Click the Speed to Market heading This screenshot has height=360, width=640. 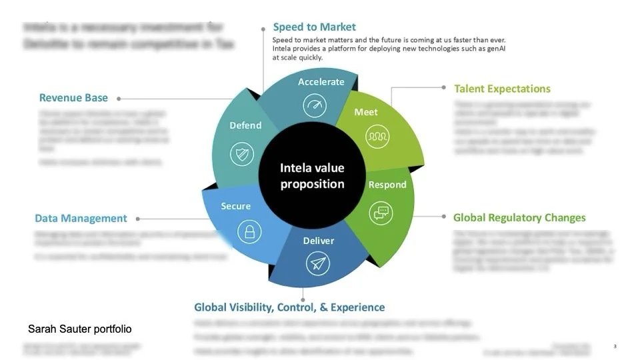point(314,27)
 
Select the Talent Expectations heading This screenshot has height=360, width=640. point(502,89)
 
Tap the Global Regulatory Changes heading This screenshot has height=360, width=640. point(519,218)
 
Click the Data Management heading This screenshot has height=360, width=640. point(81,219)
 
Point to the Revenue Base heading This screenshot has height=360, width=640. point(73,98)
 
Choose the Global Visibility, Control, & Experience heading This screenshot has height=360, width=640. point(289,307)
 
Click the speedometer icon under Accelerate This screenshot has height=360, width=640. point(315,105)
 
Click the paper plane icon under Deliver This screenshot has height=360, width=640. point(318,263)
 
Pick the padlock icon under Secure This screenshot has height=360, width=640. point(249,232)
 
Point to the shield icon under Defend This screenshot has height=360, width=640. point(241,155)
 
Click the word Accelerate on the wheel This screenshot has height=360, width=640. point(321,82)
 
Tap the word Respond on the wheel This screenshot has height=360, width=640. point(387,185)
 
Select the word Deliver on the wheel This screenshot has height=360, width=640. point(319,241)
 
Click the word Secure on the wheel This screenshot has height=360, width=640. point(236,207)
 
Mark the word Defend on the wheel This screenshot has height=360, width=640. point(245,125)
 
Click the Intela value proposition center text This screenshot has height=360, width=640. point(312,176)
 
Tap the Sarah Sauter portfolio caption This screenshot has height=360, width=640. point(80,329)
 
